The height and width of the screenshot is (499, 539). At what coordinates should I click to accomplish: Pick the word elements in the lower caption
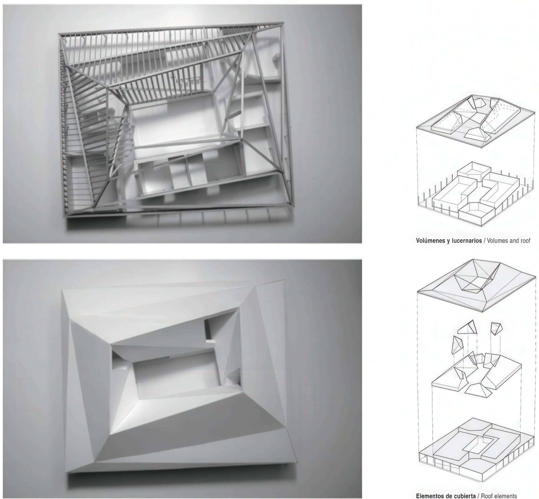pyautogui.click(x=506, y=496)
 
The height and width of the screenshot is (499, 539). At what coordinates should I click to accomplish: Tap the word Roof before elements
pyautogui.click(x=487, y=496)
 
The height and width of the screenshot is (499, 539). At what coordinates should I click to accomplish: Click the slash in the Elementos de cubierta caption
pyautogui.click(x=479, y=496)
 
